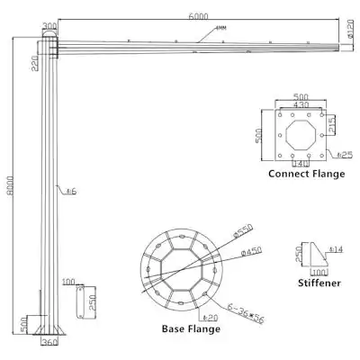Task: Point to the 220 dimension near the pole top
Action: tap(32, 62)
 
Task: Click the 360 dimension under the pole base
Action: tap(50, 343)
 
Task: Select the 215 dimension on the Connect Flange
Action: tap(331, 123)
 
